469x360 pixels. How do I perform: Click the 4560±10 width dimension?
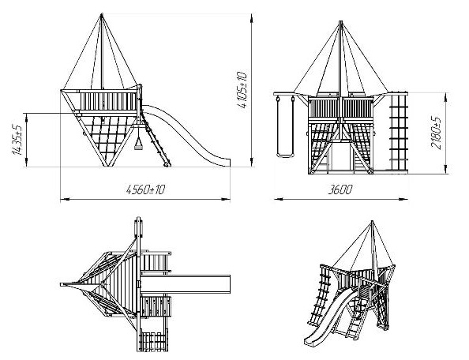click(x=145, y=189)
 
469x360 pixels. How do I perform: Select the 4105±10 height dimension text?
click(x=242, y=90)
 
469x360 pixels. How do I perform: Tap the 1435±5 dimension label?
click(x=17, y=139)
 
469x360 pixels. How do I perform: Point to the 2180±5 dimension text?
click(x=436, y=133)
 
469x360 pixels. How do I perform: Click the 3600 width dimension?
click(x=340, y=189)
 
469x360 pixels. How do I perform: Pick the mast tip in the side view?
click(x=102, y=13)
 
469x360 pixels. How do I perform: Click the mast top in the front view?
click(x=340, y=21)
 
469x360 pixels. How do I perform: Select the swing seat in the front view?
click(x=284, y=156)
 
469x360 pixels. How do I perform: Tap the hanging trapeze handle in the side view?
click(x=138, y=144)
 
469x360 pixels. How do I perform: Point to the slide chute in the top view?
click(x=186, y=284)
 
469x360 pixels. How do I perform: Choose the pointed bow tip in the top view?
click(x=62, y=284)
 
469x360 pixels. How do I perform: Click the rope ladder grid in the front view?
click(x=399, y=132)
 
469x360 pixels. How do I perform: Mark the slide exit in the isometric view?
click(x=310, y=342)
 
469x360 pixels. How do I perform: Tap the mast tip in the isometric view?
click(x=372, y=222)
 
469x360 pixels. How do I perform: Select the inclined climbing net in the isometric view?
click(x=321, y=296)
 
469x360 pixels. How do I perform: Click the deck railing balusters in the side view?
click(x=108, y=101)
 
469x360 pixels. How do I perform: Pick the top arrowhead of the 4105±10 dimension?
click(x=251, y=17)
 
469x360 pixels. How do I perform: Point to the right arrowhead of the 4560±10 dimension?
click(x=226, y=199)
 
